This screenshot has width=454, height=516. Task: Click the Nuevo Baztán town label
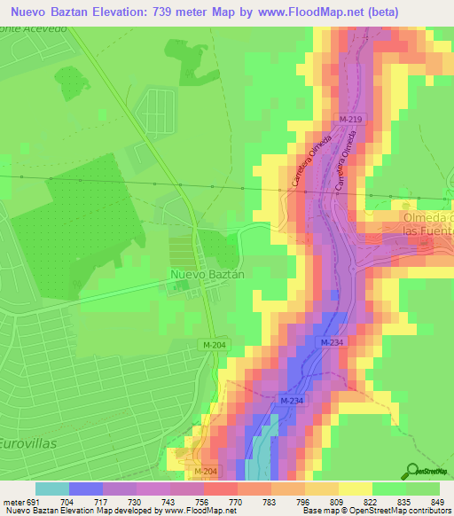coord(207,275)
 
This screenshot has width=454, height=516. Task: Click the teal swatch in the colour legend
coord(52,488)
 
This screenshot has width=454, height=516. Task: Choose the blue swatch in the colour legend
coord(86,488)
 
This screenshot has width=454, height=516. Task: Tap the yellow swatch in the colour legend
coord(356,488)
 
